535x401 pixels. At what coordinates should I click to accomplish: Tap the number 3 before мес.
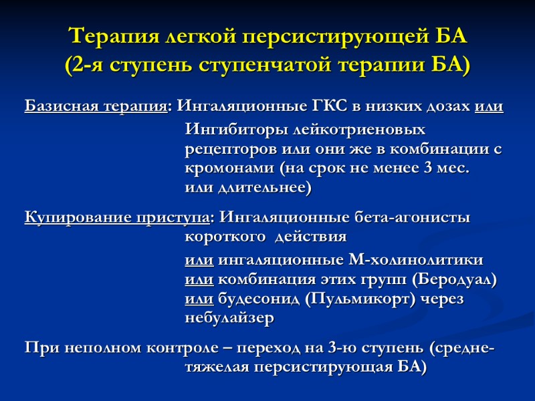pyautogui.click(x=428, y=168)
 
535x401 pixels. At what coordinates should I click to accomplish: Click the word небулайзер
pyautogui.click(x=229, y=319)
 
